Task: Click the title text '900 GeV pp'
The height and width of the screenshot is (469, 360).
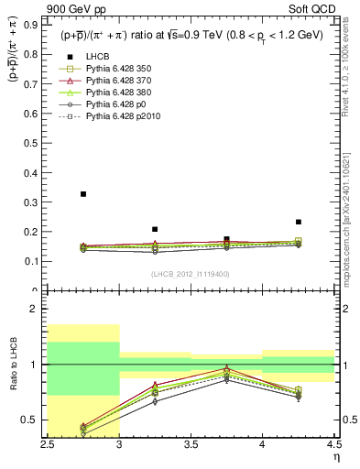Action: click(74, 10)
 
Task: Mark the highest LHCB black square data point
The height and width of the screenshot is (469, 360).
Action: click(83, 194)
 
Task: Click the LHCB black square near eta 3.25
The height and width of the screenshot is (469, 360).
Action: click(155, 229)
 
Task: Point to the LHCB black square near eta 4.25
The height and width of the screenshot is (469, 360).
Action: click(298, 222)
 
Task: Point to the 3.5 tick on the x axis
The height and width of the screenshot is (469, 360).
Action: click(191, 444)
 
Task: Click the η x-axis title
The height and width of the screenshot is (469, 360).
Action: click(335, 456)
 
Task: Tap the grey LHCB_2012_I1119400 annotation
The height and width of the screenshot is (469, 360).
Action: click(191, 274)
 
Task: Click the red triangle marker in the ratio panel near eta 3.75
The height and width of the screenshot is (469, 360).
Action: click(226, 369)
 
